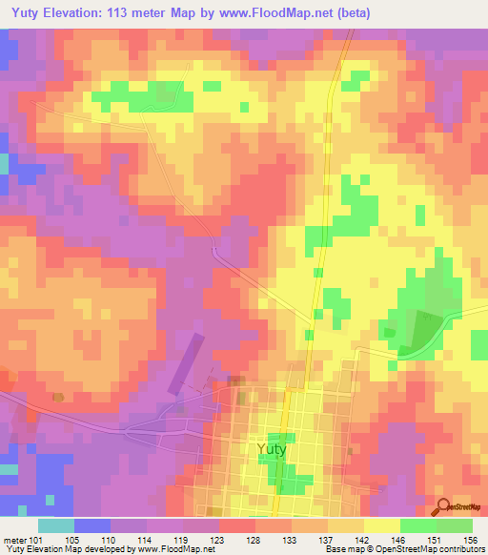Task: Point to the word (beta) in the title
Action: point(351,13)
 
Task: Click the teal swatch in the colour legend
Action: point(56,525)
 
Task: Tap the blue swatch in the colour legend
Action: point(92,525)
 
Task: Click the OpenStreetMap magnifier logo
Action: point(442,506)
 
